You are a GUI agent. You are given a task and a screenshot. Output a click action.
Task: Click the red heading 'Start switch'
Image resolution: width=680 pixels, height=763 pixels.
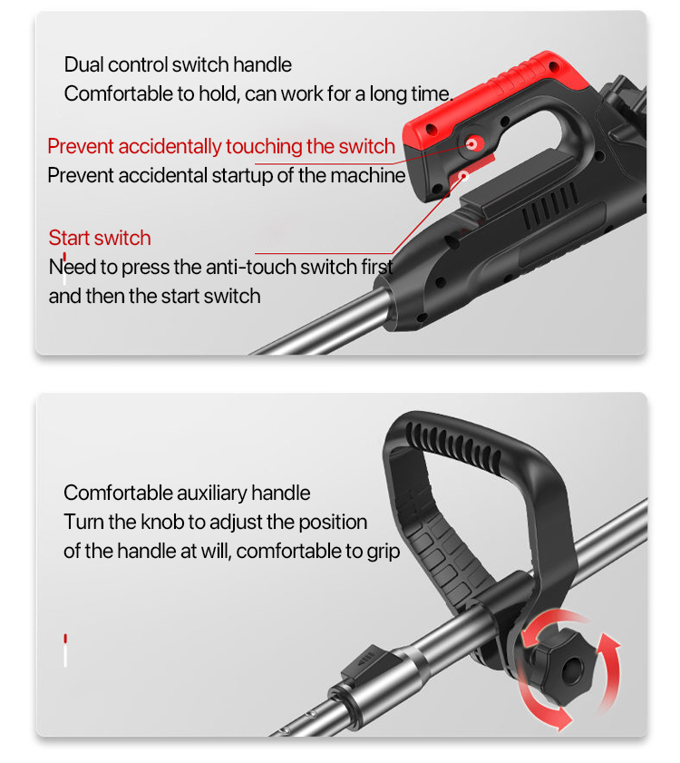click(x=100, y=238)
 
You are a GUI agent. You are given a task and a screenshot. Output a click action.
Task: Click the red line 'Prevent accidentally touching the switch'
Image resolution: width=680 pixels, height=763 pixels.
click(x=221, y=146)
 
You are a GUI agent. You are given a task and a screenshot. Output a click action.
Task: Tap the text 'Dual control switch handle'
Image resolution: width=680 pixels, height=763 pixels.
click(x=178, y=64)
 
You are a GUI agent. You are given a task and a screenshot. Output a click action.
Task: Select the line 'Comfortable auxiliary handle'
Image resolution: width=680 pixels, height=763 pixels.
click(x=187, y=493)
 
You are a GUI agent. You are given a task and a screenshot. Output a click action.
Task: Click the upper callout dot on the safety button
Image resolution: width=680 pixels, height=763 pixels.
click(x=471, y=143)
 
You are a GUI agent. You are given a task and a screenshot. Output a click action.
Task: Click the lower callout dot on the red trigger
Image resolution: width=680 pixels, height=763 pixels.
click(x=463, y=176)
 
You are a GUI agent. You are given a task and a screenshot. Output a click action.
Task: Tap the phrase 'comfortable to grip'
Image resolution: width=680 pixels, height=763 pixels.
click(x=318, y=551)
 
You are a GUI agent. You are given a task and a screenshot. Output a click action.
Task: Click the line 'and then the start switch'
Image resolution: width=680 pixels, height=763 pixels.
click(x=155, y=296)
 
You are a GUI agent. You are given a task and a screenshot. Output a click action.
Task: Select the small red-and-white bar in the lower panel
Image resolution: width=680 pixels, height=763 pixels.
click(x=65, y=651)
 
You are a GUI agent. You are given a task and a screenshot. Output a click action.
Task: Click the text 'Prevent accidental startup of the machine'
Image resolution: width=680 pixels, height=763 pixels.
click(x=227, y=175)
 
